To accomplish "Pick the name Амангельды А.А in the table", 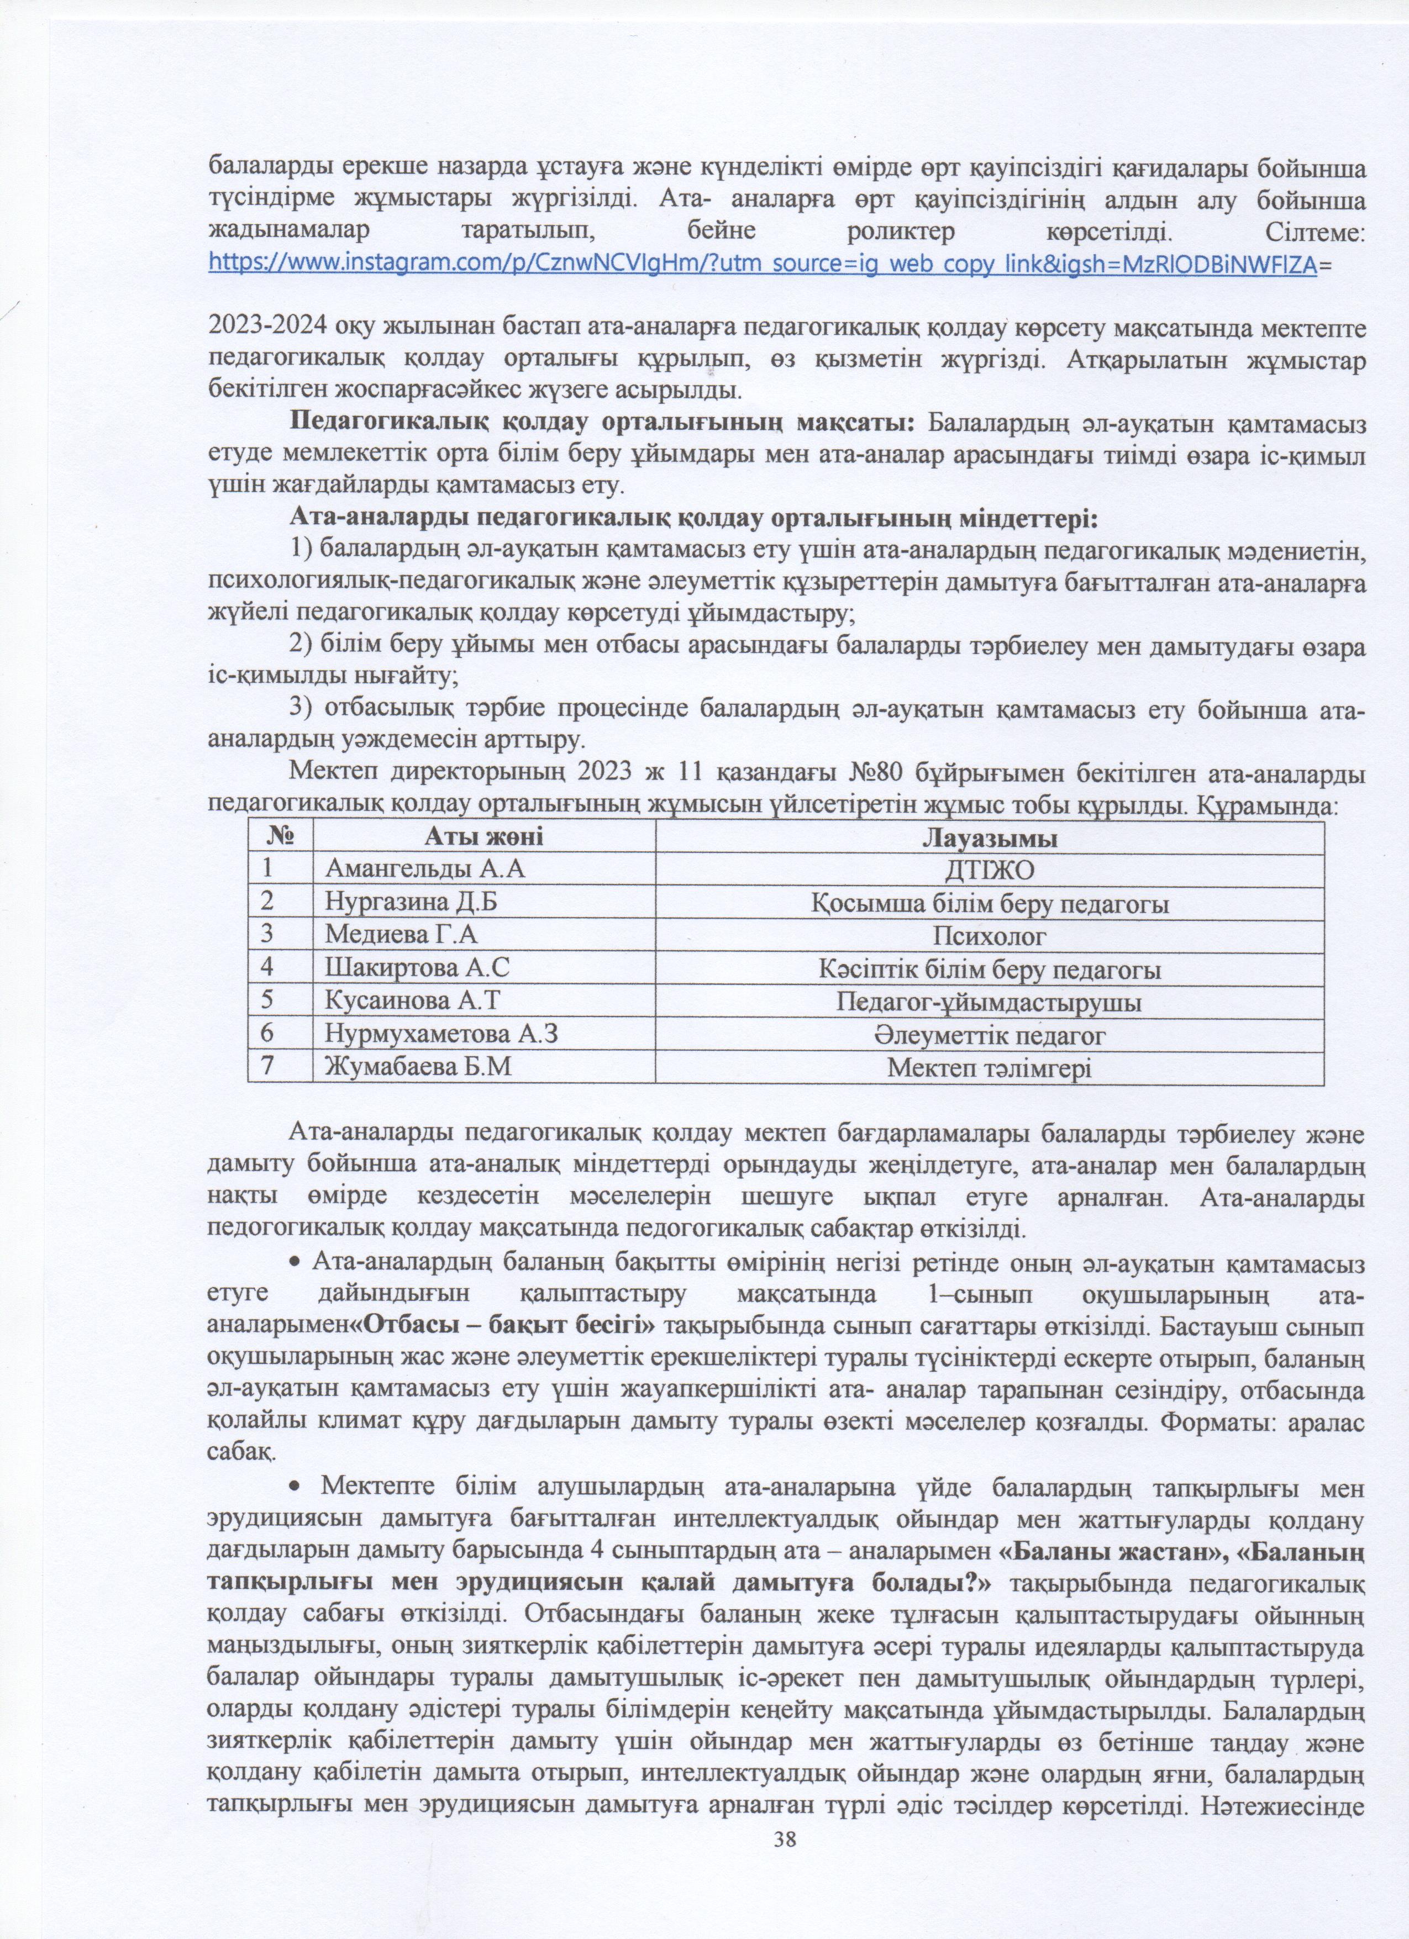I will click(x=424, y=870).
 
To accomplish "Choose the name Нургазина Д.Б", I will click(x=411, y=903).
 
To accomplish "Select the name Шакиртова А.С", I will click(x=417, y=968).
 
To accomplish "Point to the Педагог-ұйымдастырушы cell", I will click(x=989, y=1002).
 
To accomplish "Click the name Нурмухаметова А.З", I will click(x=441, y=1035).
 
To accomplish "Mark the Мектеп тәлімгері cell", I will click(x=989, y=1068).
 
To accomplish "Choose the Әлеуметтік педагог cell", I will click(x=989, y=1035).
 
